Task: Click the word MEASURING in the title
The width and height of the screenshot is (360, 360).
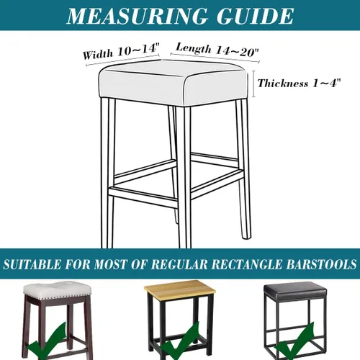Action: click(x=137, y=16)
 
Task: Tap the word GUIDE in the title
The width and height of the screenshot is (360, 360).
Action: click(x=255, y=16)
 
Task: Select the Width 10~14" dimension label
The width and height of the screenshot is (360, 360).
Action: click(x=121, y=51)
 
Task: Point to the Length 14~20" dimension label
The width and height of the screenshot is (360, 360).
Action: click(x=217, y=50)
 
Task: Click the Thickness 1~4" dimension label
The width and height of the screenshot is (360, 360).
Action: click(x=299, y=83)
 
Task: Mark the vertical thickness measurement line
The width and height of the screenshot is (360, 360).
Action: click(x=254, y=84)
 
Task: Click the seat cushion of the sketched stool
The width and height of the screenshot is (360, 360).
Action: click(x=174, y=82)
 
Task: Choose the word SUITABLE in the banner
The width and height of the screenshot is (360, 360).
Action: click(x=32, y=264)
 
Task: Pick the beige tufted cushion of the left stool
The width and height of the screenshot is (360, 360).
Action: click(x=57, y=292)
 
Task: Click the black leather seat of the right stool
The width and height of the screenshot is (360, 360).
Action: click(x=295, y=292)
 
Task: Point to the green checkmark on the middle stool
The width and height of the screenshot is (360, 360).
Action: click(x=180, y=343)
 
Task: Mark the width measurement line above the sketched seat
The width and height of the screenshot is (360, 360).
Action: click(x=122, y=60)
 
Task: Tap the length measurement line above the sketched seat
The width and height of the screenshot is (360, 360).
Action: click(x=215, y=58)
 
